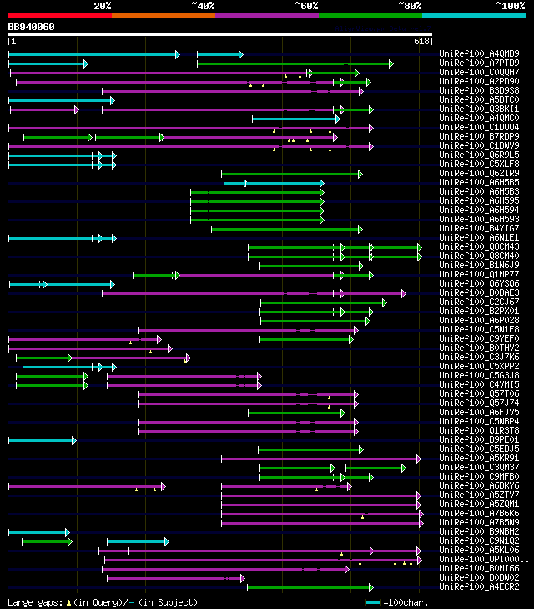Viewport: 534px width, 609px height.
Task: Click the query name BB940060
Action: point(31,27)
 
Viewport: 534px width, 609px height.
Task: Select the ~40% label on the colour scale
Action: point(203,5)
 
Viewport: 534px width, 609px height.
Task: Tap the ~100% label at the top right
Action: point(509,5)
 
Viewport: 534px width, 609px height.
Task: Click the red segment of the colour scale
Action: point(59,14)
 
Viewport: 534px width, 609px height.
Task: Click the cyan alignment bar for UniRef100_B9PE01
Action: point(42,440)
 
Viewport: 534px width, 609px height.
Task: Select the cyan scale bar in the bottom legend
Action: point(373,602)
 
